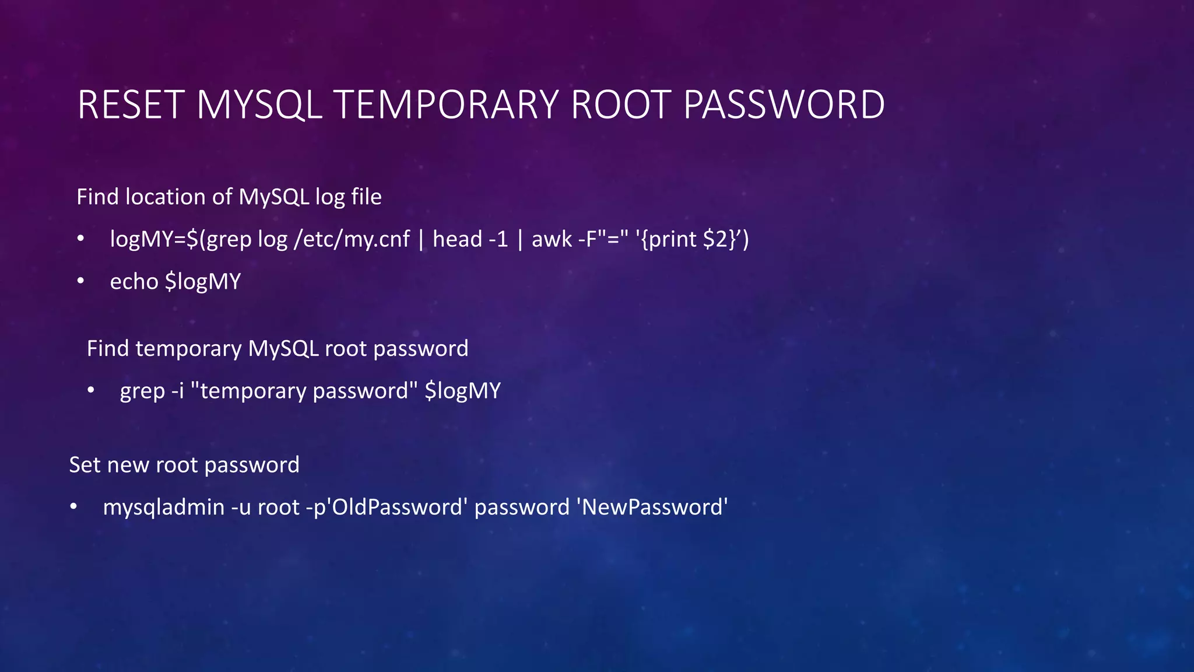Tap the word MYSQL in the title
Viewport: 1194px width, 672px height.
pyautogui.click(x=259, y=105)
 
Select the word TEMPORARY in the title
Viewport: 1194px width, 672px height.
pyautogui.click(x=446, y=105)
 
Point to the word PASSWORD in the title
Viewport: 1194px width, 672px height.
pyautogui.click(x=784, y=105)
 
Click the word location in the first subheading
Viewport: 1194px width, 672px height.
pyautogui.click(x=166, y=197)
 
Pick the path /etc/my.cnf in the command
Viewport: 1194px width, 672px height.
pyautogui.click(x=352, y=239)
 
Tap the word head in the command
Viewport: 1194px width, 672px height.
pyautogui.click(x=457, y=239)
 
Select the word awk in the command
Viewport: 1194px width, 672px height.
pyautogui.click(x=552, y=239)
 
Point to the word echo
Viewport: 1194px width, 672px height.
pyautogui.click(x=134, y=282)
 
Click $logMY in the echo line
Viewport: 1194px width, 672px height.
pyautogui.click(x=203, y=282)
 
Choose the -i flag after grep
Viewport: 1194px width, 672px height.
pyautogui.click(x=178, y=391)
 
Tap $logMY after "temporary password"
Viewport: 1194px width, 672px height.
pyautogui.click(x=463, y=391)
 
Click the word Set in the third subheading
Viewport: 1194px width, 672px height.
pyautogui.click(x=85, y=465)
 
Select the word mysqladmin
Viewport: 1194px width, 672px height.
pyautogui.click(x=164, y=507)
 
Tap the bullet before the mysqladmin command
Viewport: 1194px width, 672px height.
pyautogui.click(x=73, y=507)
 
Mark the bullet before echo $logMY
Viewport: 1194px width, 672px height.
pyautogui.click(x=80, y=282)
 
